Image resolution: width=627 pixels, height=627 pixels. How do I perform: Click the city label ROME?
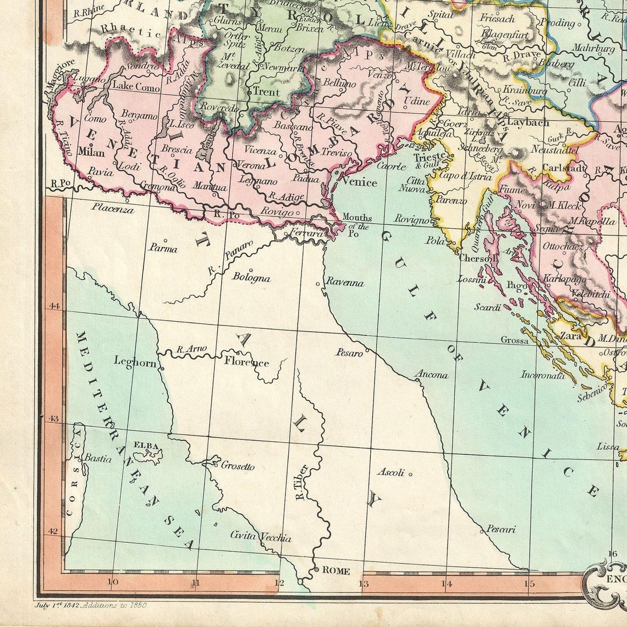pyautogui.click(x=335, y=571)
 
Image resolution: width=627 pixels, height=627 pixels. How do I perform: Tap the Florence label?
pyautogui.click(x=246, y=361)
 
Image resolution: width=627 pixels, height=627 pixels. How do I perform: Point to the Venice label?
pyautogui.click(x=359, y=182)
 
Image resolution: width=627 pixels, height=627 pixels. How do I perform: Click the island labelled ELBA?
pyautogui.click(x=146, y=446)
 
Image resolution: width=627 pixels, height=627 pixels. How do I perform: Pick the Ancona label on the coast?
pyautogui.click(x=431, y=375)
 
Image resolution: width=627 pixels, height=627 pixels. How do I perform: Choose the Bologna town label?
pyautogui.click(x=251, y=277)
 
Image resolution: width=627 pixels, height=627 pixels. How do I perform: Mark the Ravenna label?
pyautogui.click(x=345, y=283)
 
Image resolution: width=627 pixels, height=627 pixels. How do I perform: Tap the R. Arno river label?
pyautogui.click(x=191, y=349)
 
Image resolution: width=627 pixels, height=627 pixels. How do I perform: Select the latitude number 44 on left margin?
pyautogui.click(x=54, y=306)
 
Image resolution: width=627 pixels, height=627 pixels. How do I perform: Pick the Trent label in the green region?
pyautogui.click(x=267, y=92)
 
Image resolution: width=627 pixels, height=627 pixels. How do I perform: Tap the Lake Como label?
pyautogui.click(x=136, y=87)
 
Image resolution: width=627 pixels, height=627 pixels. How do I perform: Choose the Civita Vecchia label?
pyautogui.click(x=261, y=537)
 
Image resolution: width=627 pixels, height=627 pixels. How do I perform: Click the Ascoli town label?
pyautogui.click(x=391, y=472)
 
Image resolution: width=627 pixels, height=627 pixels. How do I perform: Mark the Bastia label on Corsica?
pyautogui.click(x=97, y=458)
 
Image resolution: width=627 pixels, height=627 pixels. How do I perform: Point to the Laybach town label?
pyautogui.click(x=528, y=122)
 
